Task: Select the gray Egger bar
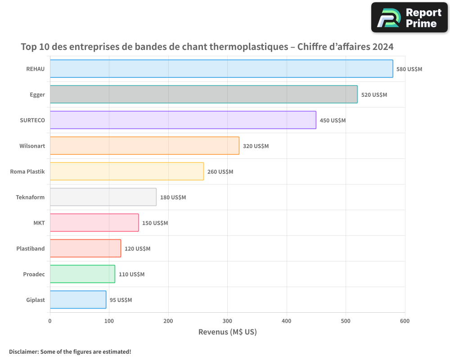203,94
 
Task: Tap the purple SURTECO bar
183,120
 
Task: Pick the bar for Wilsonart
144,146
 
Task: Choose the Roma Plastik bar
126,171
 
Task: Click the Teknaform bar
103,197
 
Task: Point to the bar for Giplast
78,300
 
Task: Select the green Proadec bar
82,274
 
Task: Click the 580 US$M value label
409,69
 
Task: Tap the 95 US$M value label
121,300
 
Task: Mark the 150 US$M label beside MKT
155,223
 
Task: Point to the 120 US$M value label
137,249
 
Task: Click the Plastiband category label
31,248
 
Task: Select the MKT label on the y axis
39,223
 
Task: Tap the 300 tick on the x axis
227,321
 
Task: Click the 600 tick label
405,321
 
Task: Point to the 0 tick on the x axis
50,321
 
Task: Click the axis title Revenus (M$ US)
227,332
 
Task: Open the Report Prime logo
409,18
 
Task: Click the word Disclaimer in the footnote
23,351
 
